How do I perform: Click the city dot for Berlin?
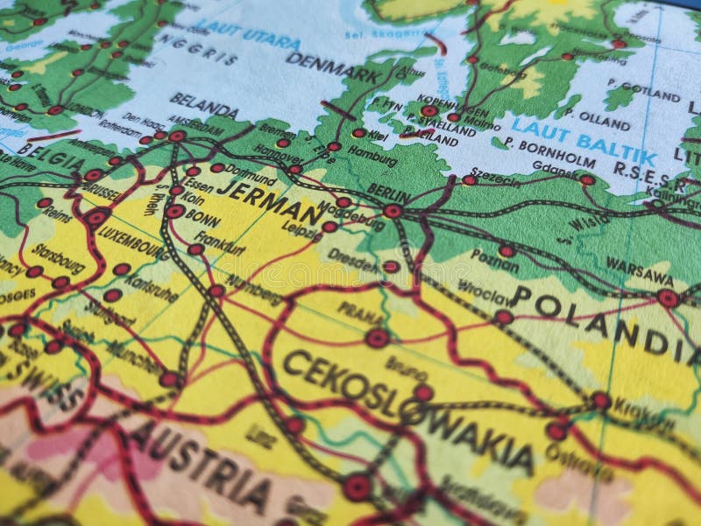393,211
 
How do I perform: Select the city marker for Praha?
378,338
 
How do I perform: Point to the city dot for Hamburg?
359,133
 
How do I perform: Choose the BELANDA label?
203,105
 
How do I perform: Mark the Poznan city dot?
506,250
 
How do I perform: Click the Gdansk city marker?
586,180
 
